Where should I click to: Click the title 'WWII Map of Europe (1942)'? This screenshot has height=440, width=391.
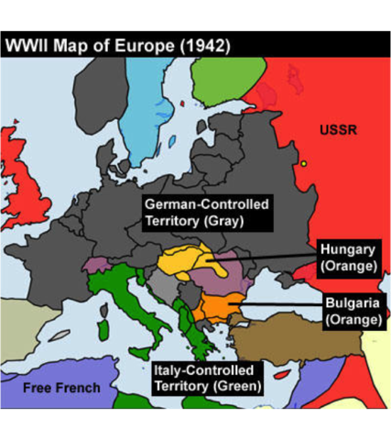point(117,44)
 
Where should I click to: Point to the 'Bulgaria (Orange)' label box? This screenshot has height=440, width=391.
point(353,311)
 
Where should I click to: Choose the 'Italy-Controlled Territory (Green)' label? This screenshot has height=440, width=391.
point(207,378)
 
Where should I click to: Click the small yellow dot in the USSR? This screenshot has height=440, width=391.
point(303,164)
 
